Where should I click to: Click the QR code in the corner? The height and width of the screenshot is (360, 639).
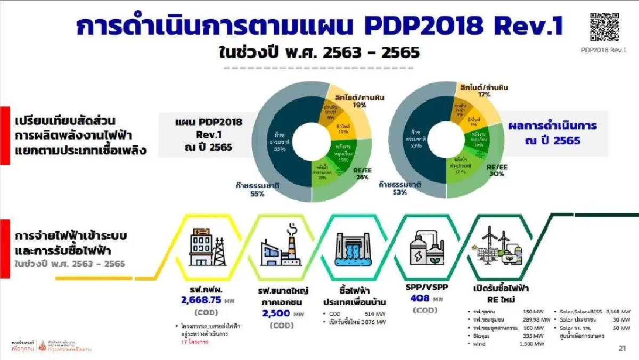click(x=605, y=26)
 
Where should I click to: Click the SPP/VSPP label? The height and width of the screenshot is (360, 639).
click(x=426, y=287)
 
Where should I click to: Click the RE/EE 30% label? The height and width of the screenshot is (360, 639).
click(x=497, y=170)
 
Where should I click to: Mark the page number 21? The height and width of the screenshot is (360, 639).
click(x=622, y=348)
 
